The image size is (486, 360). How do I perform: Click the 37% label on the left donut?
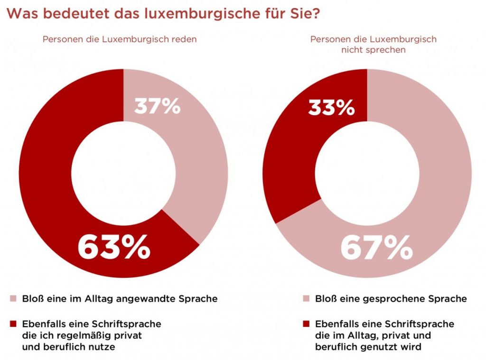click(157, 107)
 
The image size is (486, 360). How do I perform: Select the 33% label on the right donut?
click(331, 108)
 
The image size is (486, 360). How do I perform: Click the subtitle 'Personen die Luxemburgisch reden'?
click(120, 39)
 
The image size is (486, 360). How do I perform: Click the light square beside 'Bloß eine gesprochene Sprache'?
click(306, 299)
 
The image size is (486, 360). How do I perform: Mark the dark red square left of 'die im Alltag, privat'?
click(306, 324)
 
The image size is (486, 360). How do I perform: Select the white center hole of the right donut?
click(367, 173)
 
